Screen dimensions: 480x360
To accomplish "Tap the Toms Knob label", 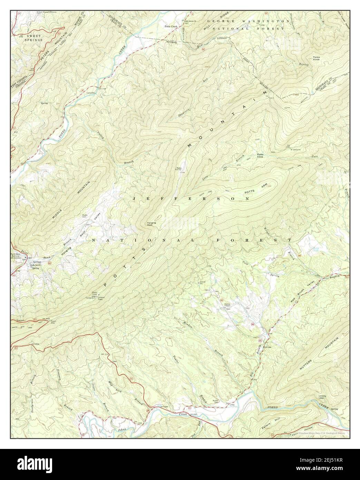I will (316, 59).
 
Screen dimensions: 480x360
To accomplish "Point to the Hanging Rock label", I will (152, 224).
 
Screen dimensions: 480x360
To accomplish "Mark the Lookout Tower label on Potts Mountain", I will (102, 297).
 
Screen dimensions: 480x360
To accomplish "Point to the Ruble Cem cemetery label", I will (85, 217).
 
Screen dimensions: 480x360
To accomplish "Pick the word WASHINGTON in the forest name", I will (265, 21).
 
